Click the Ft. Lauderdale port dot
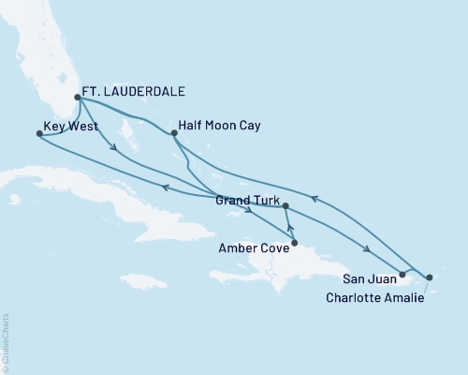(78, 97)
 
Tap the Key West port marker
(38, 134)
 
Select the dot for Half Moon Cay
(175, 133)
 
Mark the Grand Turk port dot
(285, 205)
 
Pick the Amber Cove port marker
(295, 243)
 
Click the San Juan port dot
(402, 275)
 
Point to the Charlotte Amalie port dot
(429, 277)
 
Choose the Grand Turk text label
(246, 201)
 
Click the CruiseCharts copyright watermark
(6, 343)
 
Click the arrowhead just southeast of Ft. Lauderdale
(113, 147)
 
